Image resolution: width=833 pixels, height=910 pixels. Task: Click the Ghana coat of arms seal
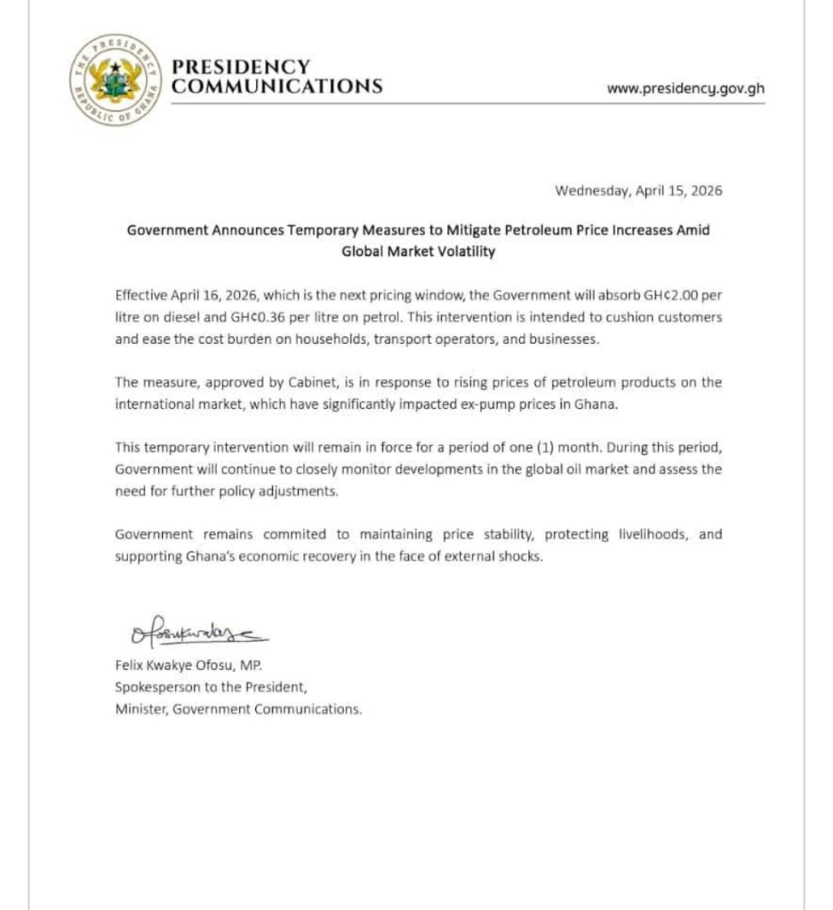click(x=113, y=79)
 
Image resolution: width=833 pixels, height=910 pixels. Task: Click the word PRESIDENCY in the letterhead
click(x=240, y=68)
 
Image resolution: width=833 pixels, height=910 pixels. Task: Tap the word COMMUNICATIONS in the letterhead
click(x=276, y=86)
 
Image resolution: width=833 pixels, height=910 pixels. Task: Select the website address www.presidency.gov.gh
click(x=685, y=88)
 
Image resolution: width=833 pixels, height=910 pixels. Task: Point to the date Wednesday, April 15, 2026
click(x=638, y=190)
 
